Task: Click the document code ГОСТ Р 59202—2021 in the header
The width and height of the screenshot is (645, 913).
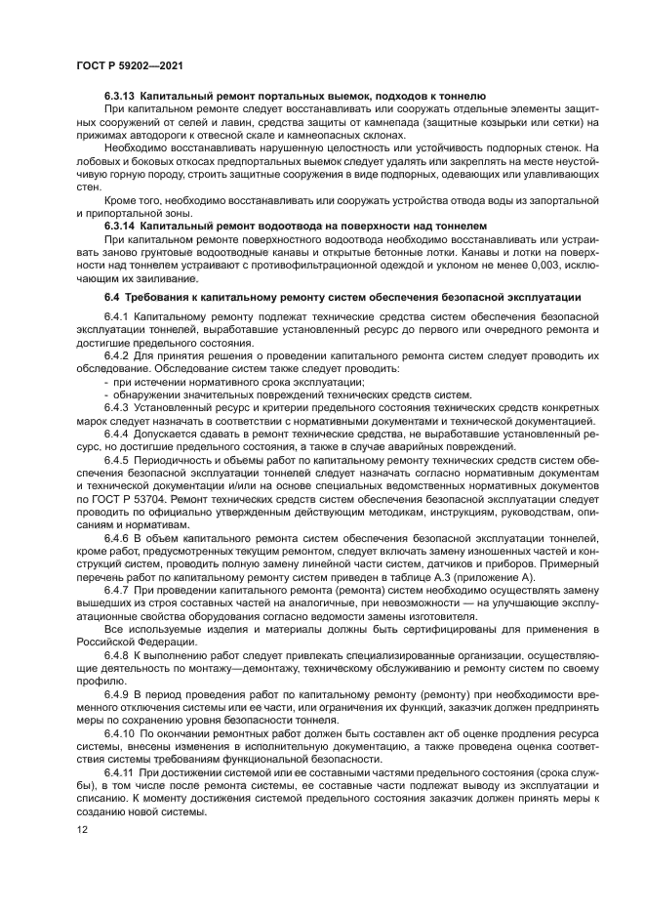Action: click(129, 64)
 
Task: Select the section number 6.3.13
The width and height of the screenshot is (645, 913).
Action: click(120, 97)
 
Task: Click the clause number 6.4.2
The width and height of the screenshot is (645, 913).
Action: click(116, 356)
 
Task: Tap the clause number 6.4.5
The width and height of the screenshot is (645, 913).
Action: click(116, 459)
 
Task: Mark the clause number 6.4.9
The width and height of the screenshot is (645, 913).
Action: click(116, 692)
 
